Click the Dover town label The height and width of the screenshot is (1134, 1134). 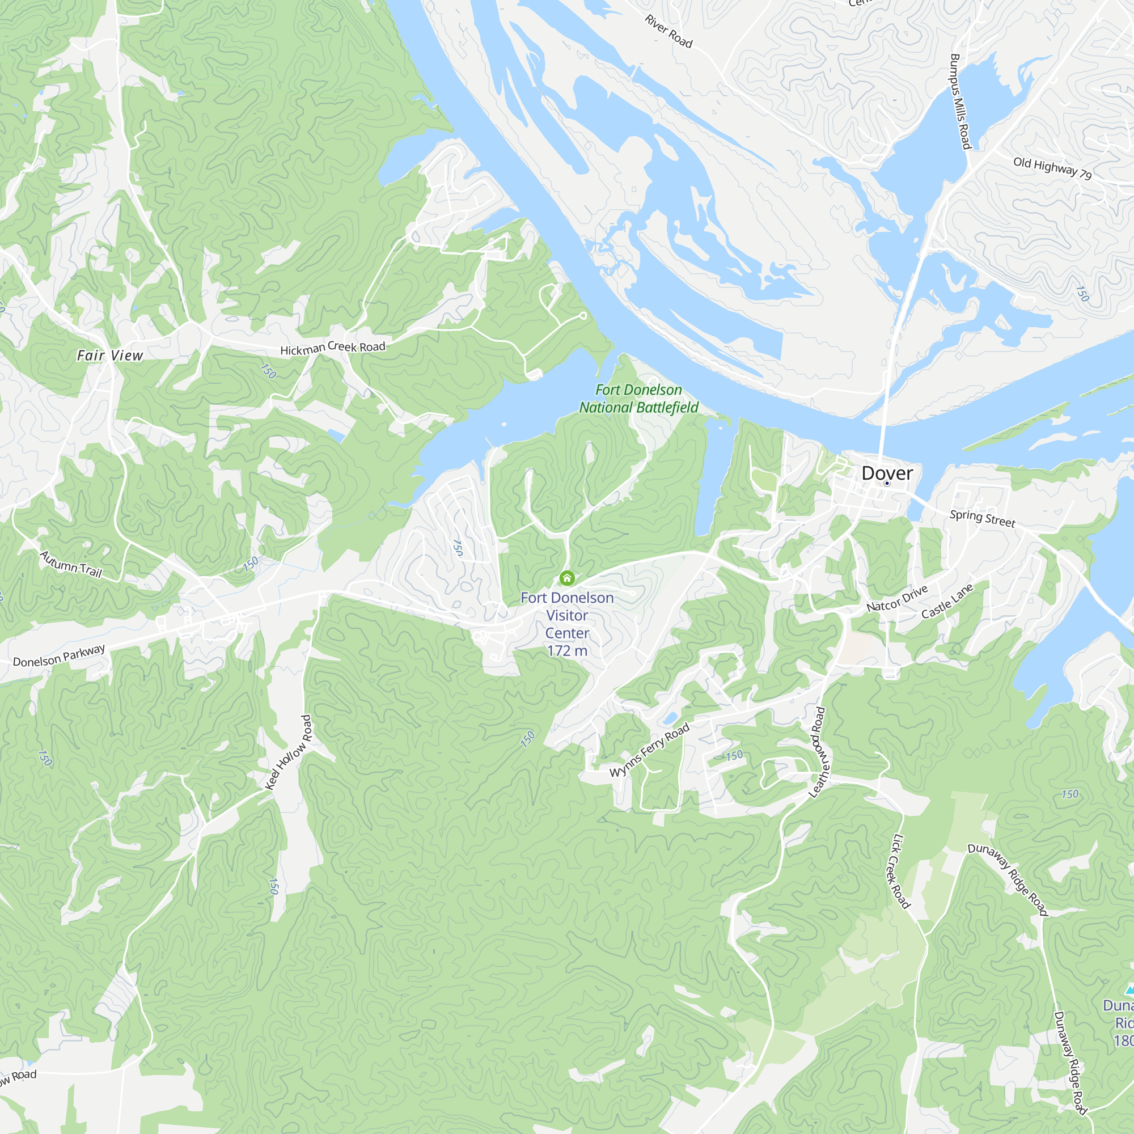pos(887,473)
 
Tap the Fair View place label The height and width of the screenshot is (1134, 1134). pos(110,355)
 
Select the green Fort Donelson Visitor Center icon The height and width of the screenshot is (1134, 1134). pos(566,578)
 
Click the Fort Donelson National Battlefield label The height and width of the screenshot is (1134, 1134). pos(638,399)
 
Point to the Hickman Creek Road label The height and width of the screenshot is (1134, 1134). pos(332,348)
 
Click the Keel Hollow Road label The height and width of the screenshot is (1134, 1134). pos(289,752)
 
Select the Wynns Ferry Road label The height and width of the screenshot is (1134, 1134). pos(649,751)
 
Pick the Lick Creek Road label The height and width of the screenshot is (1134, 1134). pos(901,871)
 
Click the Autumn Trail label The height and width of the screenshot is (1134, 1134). pos(71,564)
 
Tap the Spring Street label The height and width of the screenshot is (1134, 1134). pos(982,518)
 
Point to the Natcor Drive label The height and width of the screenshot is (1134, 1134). pos(897,598)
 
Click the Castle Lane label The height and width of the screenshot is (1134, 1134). pos(947,601)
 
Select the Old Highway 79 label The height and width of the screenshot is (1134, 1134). pos(1052,168)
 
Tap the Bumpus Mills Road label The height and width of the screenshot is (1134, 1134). pos(960,101)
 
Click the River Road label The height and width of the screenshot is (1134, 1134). pos(668,31)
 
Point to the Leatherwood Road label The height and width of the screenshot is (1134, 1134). pos(819,752)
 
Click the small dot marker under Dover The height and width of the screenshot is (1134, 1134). pos(887,483)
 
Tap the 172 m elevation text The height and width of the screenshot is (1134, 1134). pos(566,650)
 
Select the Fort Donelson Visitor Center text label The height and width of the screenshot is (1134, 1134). pos(566,615)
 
